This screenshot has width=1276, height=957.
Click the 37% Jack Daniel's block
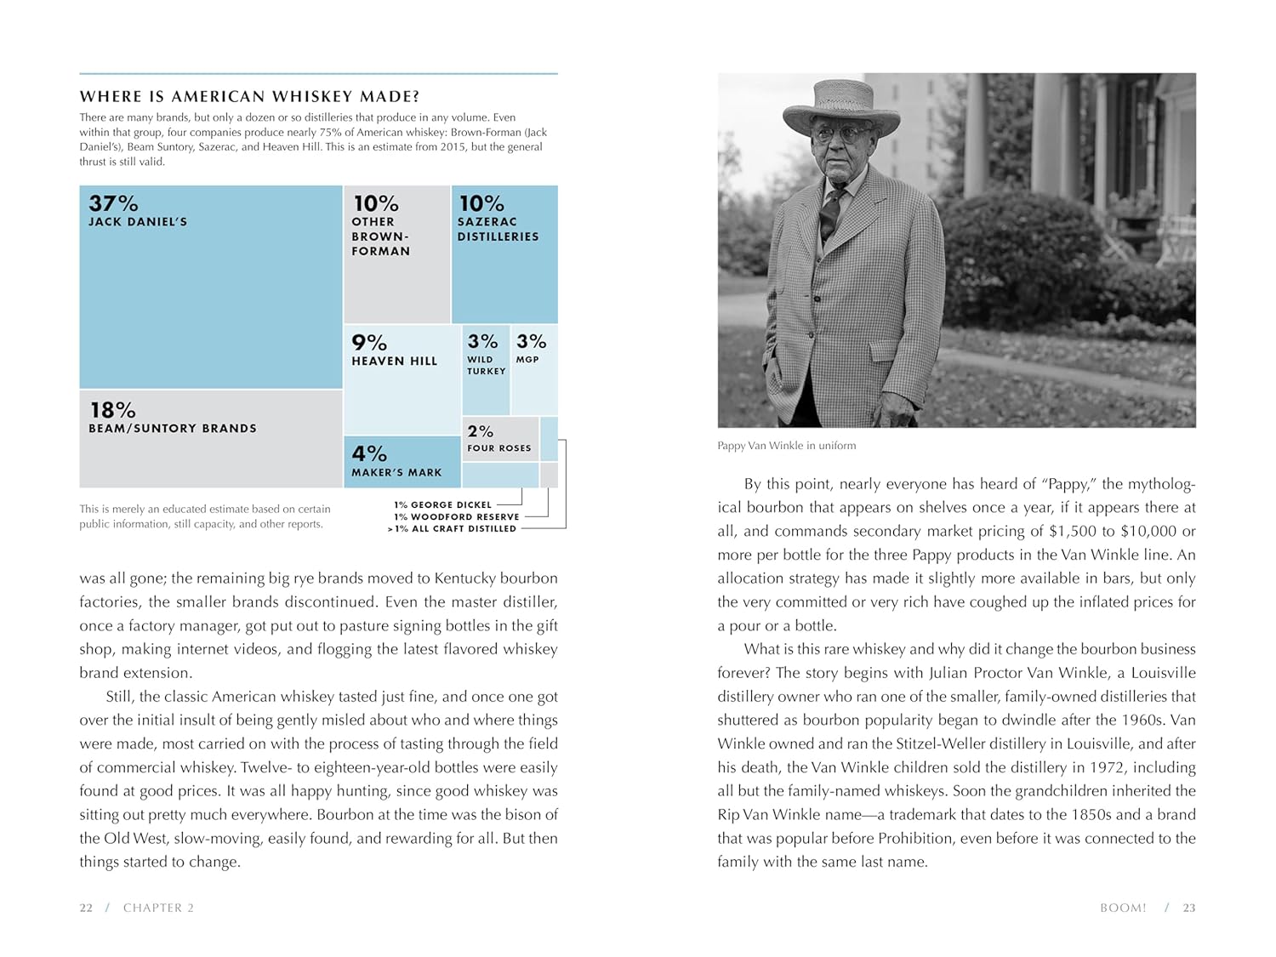click(211, 287)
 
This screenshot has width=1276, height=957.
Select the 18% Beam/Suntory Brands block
click(211, 439)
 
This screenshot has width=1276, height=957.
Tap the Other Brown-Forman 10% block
click(396, 254)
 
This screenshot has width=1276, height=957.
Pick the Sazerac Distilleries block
click(504, 254)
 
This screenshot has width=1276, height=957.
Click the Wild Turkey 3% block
click(486, 370)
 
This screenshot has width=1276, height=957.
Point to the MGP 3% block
click(534, 370)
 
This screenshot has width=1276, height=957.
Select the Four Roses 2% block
click(500, 439)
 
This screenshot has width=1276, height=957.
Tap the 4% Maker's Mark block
click(402, 462)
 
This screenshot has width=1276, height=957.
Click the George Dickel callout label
click(443, 504)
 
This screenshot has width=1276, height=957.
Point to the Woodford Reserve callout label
click(457, 516)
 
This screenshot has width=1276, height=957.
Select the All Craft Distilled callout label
click(452, 528)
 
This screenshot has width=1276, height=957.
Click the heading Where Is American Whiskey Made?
click(249, 97)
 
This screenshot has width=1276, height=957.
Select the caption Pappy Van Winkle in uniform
click(786, 446)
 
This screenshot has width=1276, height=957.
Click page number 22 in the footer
click(86, 908)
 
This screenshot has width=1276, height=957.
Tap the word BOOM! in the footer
click(1123, 908)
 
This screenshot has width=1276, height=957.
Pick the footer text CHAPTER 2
click(158, 908)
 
